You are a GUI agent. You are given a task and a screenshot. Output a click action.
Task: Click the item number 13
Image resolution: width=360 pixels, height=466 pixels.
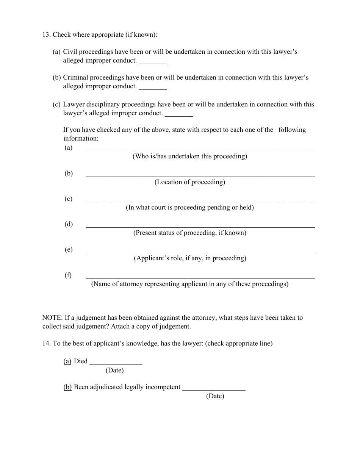point(46,35)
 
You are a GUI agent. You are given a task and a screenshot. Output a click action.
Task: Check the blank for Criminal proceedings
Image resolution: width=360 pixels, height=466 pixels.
point(153,87)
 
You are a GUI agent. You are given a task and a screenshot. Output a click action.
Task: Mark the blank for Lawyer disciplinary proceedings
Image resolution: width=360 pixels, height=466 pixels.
point(179,114)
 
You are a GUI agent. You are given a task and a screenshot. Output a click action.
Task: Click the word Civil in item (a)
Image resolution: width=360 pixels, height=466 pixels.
point(70,52)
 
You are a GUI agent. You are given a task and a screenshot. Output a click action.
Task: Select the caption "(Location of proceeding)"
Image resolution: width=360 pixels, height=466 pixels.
point(189,182)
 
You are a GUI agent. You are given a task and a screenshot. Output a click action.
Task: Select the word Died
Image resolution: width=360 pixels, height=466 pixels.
point(81,361)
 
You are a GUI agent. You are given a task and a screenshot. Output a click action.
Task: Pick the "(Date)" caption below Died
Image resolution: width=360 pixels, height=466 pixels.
point(115,371)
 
